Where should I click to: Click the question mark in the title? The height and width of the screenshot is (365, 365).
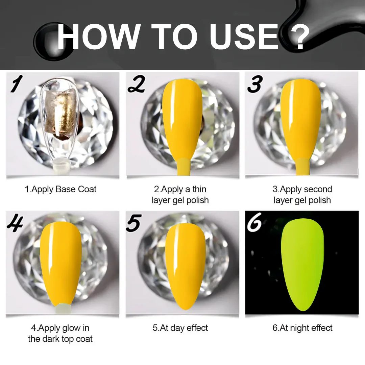(x=296, y=37)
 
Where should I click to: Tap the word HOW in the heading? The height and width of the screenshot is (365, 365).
(x=99, y=37)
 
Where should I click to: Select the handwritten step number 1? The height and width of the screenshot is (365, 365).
(x=16, y=83)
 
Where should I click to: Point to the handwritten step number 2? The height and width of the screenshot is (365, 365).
(x=137, y=84)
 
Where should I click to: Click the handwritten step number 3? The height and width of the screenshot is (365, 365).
(x=255, y=84)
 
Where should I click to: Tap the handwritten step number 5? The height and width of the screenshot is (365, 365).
(x=133, y=223)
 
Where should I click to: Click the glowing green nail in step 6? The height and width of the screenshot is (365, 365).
(x=302, y=265)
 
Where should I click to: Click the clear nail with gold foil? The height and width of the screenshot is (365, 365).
(x=58, y=123)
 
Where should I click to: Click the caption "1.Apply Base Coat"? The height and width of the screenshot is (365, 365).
(x=60, y=189)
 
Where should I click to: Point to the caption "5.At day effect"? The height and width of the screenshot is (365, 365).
(x=180, y=328)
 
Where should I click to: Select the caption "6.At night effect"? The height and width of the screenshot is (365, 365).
(x=302, y=328)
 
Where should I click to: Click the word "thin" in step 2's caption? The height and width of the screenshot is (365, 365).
(x=199, y=189)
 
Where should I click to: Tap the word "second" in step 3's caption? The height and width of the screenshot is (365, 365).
(x=318, y=189)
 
